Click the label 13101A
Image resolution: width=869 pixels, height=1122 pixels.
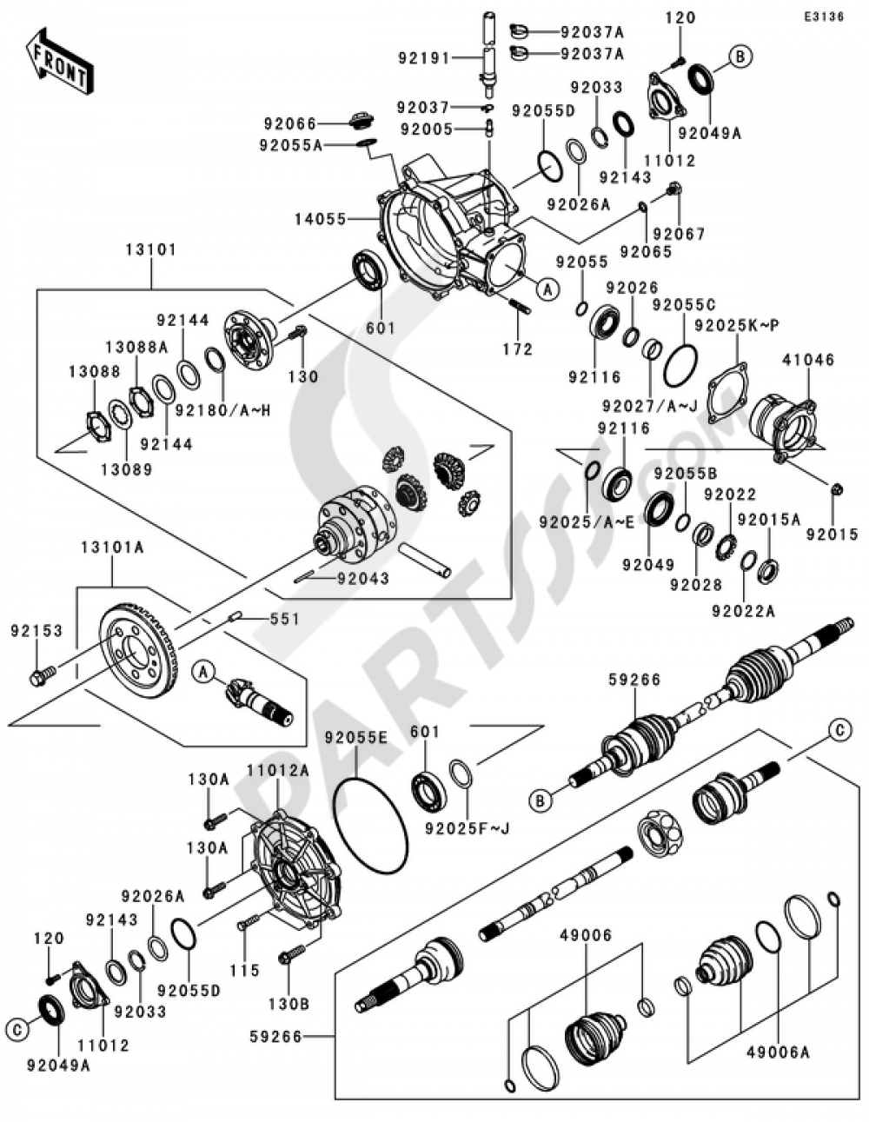[x=112, y=548]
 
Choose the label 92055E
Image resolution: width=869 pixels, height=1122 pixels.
[x=355, y=737]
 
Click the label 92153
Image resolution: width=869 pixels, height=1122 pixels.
[x=36, y=631]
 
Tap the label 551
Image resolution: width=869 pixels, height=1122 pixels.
[x=284, y=620]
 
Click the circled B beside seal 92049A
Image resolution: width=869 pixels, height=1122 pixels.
[x=740, y=56]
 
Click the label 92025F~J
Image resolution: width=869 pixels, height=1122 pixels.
[x=468, y=827]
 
